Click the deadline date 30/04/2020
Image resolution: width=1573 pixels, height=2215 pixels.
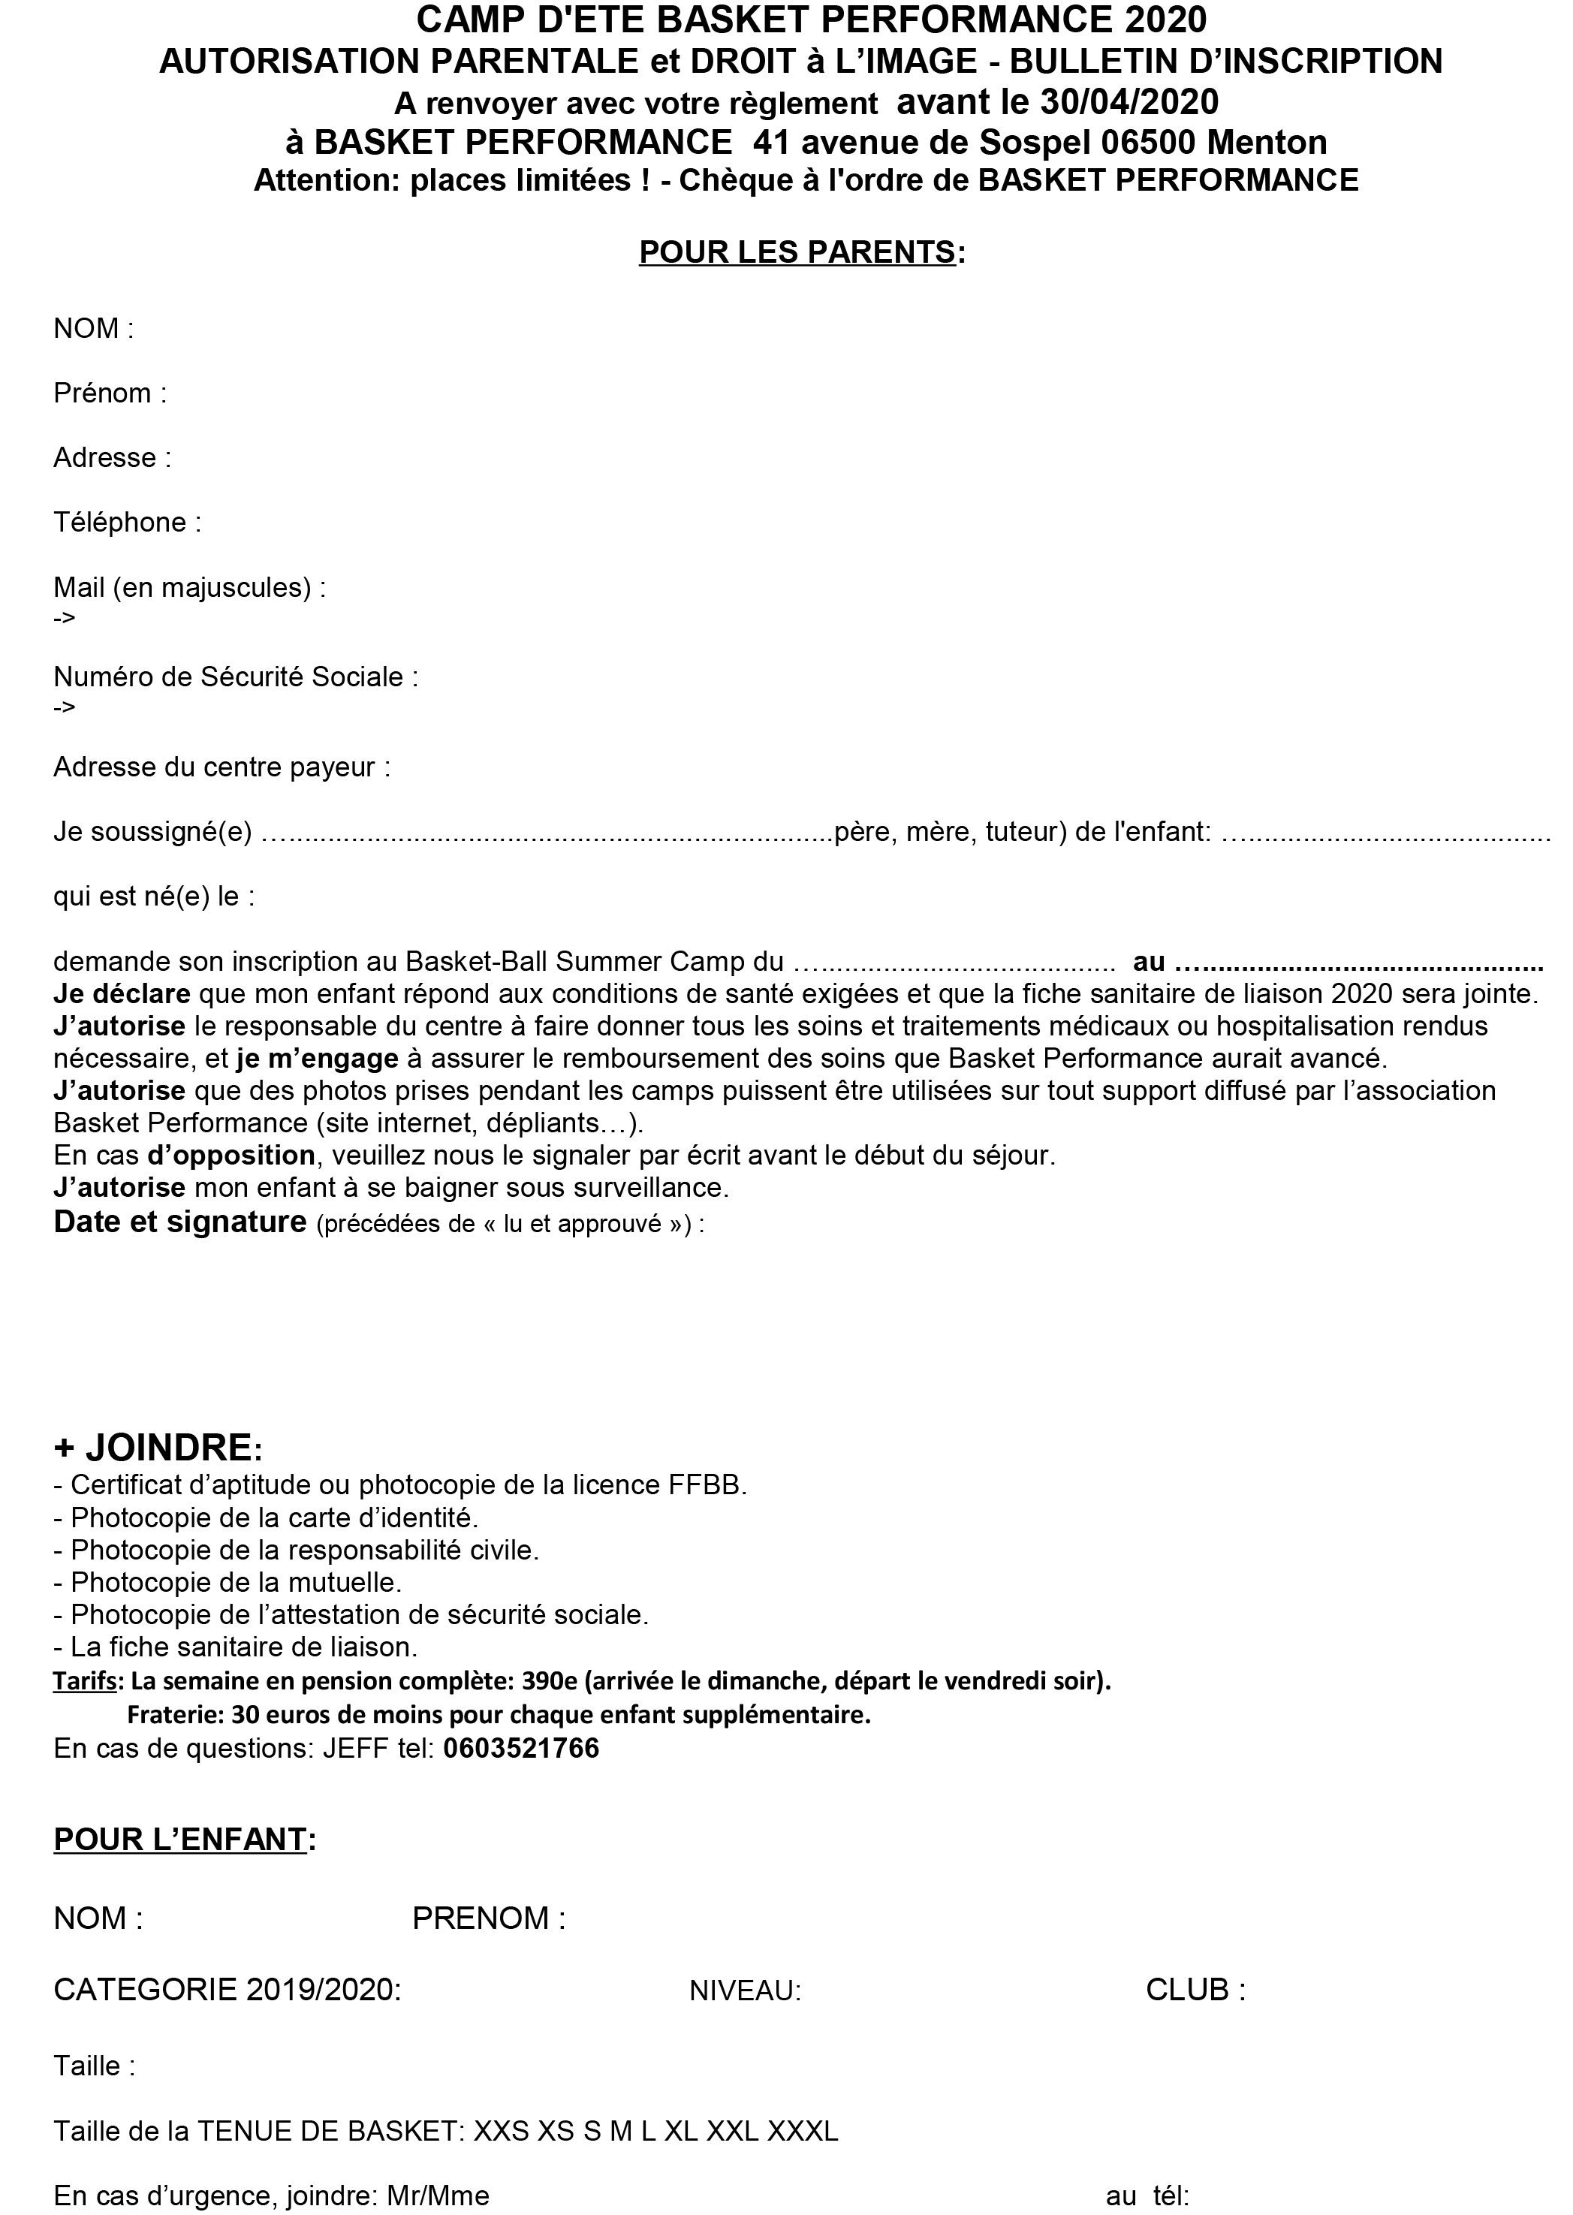pos(1129,101)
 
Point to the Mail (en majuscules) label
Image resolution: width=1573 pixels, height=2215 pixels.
pos(189,587)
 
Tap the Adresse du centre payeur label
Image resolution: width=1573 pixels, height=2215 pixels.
pos(221,767)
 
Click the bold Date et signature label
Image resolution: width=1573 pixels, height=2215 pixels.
pos(180,1222)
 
